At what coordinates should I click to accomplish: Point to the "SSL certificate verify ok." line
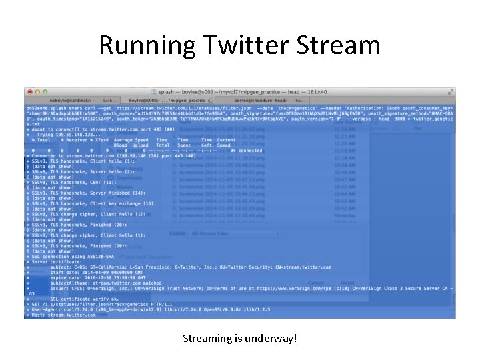pos(80,299)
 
